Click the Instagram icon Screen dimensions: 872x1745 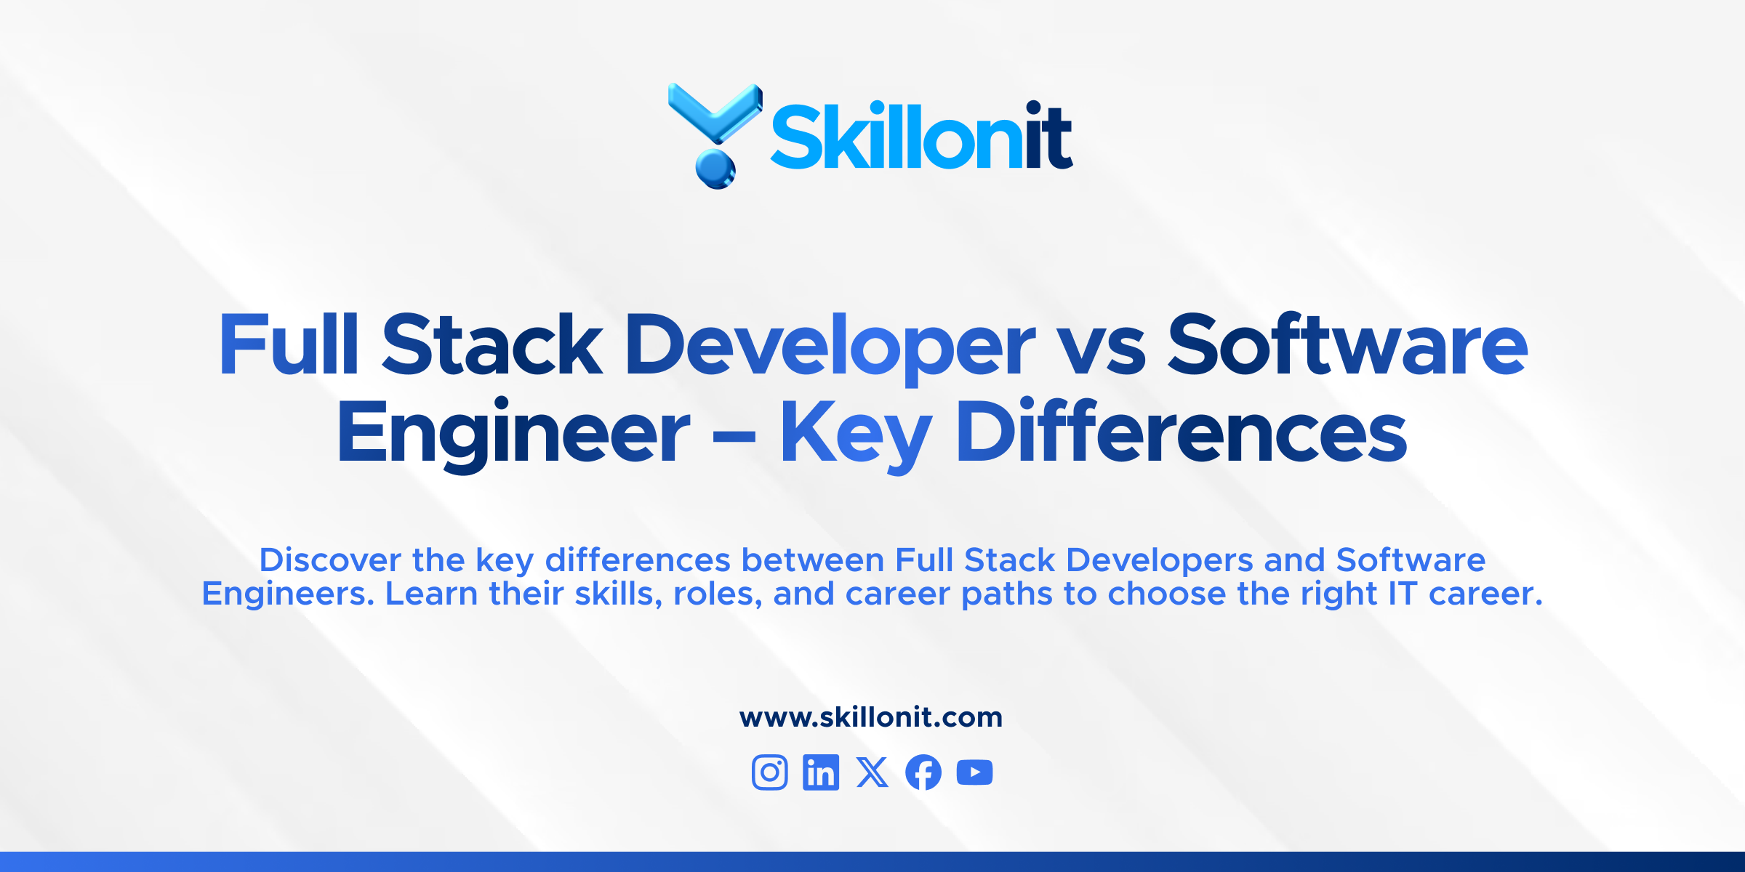[769, 772]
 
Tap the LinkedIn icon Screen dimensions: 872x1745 [821, 772]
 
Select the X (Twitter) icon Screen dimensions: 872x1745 [872, 772]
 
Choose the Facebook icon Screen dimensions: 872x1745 [923, 772]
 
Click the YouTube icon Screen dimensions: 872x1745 [975, 772]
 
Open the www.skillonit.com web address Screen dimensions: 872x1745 [871, 717]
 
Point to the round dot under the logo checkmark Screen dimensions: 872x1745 [715, 169]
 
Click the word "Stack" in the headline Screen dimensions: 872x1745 [492, 344]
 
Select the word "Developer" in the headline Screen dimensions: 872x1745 [830, 346]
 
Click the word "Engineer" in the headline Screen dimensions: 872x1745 [513, 433]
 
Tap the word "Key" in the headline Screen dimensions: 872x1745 [856, 433]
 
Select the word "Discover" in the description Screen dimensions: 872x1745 [330, 560]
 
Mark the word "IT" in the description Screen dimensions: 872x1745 [1403, 594]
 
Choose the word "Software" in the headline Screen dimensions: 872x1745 [1347, 344]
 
